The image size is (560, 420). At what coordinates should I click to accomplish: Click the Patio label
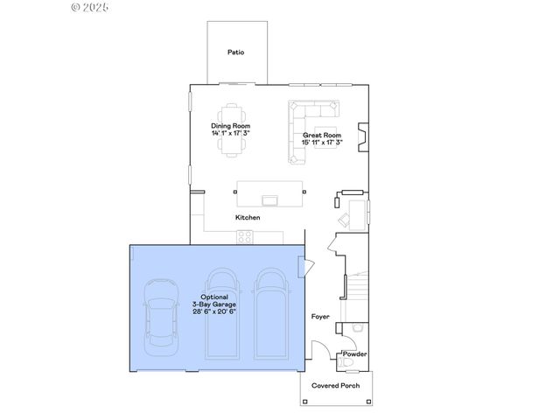click(235, 52)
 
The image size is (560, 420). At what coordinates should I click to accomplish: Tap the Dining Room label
click(231, 126)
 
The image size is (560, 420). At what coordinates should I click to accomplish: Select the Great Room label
click(322, 136)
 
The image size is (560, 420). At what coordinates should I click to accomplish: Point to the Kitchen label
click(248, 217)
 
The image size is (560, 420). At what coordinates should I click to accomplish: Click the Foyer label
click(320, 316)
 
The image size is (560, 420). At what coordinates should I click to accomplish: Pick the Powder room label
click(354, 354)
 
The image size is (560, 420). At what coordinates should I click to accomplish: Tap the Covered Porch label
click(336, 386)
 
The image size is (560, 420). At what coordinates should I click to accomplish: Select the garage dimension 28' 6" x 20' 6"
click(214, 311)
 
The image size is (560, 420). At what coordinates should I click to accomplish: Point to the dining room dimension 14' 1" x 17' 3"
click(231, 133)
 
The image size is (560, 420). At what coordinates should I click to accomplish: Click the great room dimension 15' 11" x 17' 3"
click(322, 142)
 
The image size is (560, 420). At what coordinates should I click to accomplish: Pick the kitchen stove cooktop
click(244, 236)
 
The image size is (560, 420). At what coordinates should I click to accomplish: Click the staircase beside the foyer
click(359, 289)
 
